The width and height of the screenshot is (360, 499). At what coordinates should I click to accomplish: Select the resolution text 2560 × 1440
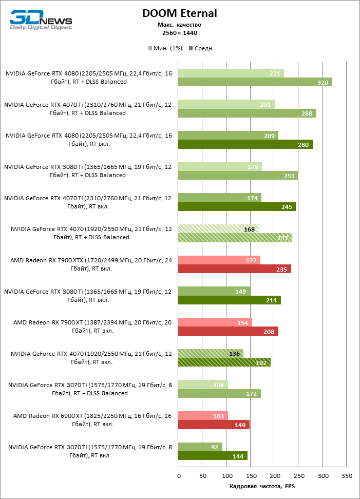[180, 33]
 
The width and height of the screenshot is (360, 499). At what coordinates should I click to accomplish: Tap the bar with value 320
[254, 82]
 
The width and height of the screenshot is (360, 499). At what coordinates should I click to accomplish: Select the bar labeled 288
[247, 113]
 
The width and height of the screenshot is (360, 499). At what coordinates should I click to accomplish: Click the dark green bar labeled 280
[245, 145]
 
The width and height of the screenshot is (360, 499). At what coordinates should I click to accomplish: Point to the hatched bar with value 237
[235, 238]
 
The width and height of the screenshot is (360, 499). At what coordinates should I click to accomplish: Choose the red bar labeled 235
[234, 269]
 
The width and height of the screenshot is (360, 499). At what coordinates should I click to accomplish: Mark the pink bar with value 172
[219, 260]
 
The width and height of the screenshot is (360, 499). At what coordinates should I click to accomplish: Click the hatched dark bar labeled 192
[224, 362]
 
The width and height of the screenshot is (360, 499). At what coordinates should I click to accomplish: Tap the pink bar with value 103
[202, 416]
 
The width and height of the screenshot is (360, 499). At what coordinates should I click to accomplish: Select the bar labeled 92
[200, 447]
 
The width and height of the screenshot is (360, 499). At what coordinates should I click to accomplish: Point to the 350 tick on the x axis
[347, 476]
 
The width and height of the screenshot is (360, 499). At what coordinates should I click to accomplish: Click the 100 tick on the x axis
[226, 476]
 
